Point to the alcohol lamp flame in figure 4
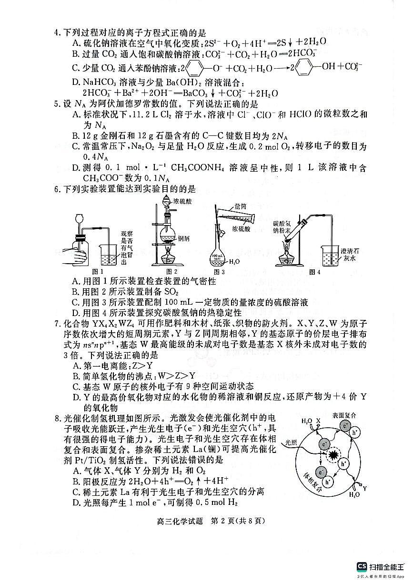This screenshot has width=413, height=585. coord(287,248)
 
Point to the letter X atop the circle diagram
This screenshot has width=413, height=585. coord(318,421)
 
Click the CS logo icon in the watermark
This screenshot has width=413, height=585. coord(362,567)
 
